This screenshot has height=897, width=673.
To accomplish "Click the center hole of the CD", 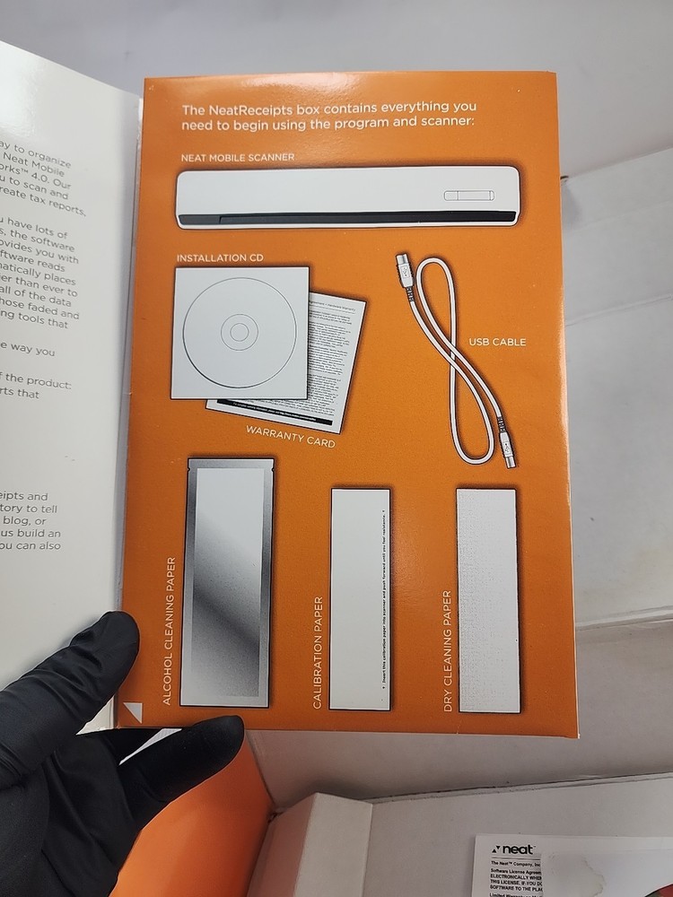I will [239, 333].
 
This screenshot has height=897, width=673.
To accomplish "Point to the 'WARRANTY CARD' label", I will [290, 437].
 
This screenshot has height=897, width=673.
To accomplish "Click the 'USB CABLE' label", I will [497, 342].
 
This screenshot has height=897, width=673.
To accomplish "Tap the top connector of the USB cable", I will [403, 266].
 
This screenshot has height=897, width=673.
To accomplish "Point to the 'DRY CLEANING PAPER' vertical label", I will [447, 651].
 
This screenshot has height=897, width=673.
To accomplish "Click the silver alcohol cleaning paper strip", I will [226, 583].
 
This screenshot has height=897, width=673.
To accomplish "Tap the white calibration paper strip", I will [360, 598].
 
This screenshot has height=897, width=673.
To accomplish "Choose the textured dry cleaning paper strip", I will [488, 599].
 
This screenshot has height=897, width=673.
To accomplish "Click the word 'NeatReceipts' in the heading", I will [249, 109].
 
